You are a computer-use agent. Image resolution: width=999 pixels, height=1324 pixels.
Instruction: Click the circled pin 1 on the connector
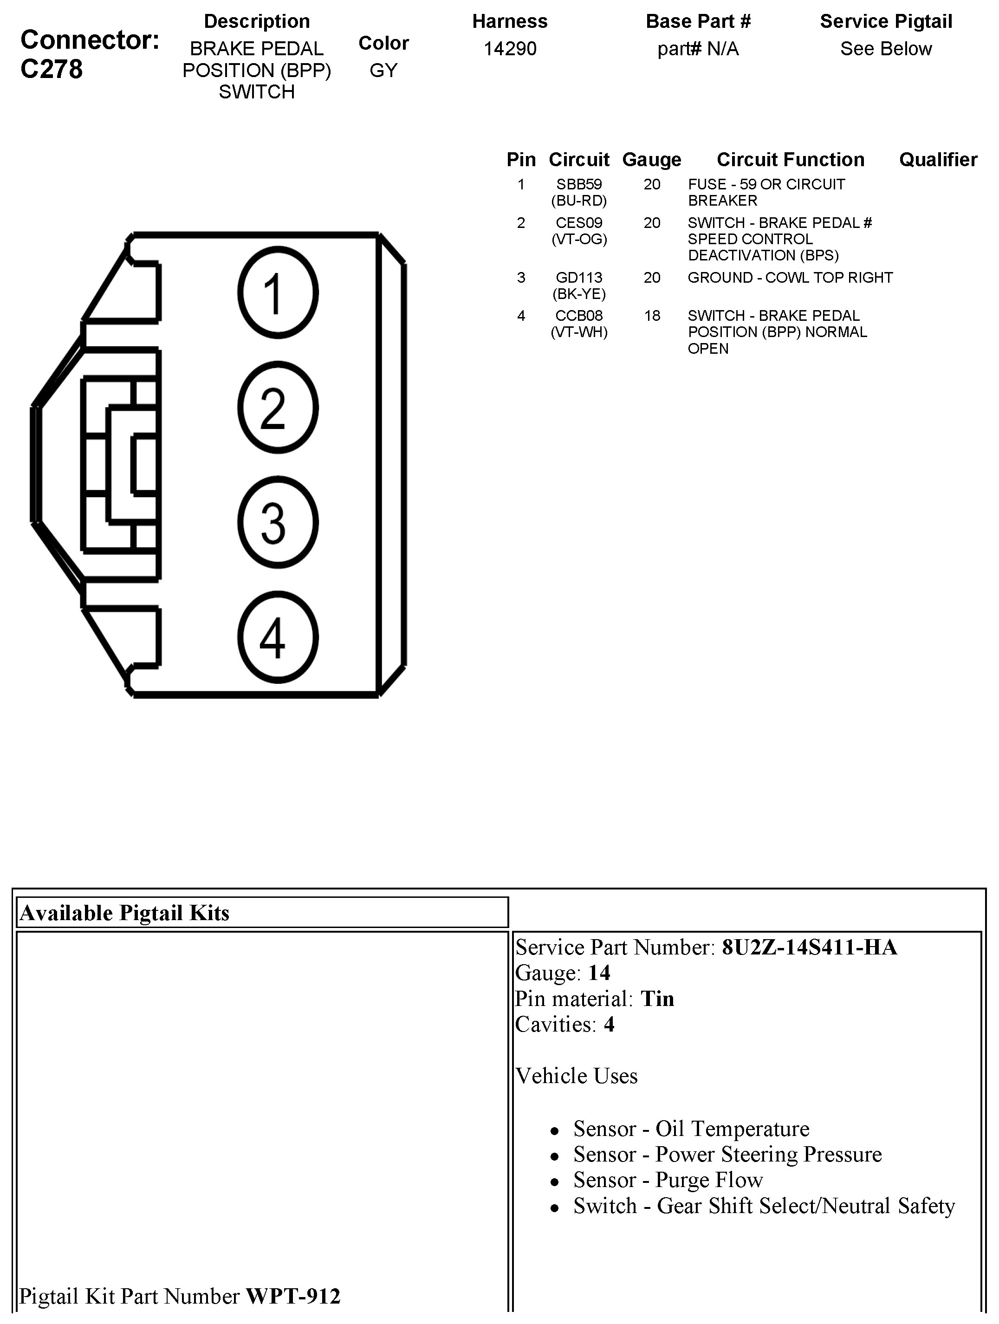click(x=278, y=292)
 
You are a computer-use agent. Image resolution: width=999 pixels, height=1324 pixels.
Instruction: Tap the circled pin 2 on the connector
click(x=278, y=408)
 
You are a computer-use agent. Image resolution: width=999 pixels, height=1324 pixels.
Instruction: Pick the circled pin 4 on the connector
click(x=278, y=637)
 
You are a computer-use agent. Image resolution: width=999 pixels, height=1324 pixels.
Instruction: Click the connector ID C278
click(x=52, y=70)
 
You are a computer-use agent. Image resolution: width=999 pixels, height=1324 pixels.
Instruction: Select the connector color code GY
click(x=383, y=70)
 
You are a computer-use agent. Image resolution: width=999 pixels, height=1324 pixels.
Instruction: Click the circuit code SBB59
click(x=579, y=184)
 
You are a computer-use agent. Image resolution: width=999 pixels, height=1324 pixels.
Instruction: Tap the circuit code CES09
click(x=579, y=223)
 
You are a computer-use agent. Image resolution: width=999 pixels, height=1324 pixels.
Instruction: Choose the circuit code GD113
click(x=579, y=278)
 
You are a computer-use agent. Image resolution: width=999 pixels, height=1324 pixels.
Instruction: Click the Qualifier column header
click(x=938, y=160)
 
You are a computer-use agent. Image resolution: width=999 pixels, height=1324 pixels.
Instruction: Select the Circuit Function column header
click(x=790, y=160)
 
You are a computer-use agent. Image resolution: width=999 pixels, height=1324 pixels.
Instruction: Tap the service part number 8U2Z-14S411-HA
click(x=809, y=948)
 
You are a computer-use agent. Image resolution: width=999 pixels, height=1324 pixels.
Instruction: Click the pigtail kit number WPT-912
click(x=293, y=1296)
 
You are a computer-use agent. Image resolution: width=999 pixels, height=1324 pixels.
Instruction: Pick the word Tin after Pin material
click(x=657, y=999)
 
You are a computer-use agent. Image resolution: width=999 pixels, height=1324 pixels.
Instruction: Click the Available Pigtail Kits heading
click(x=124, y=913)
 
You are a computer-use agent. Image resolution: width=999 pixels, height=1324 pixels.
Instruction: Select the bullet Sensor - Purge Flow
click(x=668, y=1180)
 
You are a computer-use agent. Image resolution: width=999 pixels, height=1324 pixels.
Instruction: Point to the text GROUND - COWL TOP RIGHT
click(x=790, y=278)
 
